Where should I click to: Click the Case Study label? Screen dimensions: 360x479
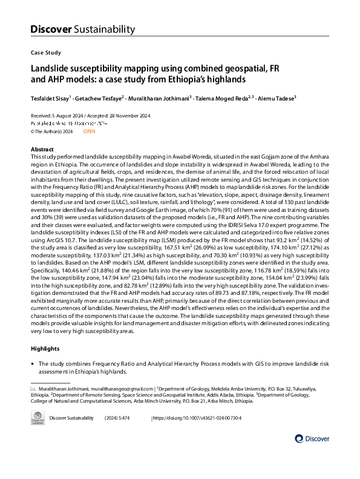[x=45, y=53]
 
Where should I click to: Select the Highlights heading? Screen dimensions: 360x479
[x=45, y=349]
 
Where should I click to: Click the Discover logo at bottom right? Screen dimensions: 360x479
[x=312, y=438]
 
